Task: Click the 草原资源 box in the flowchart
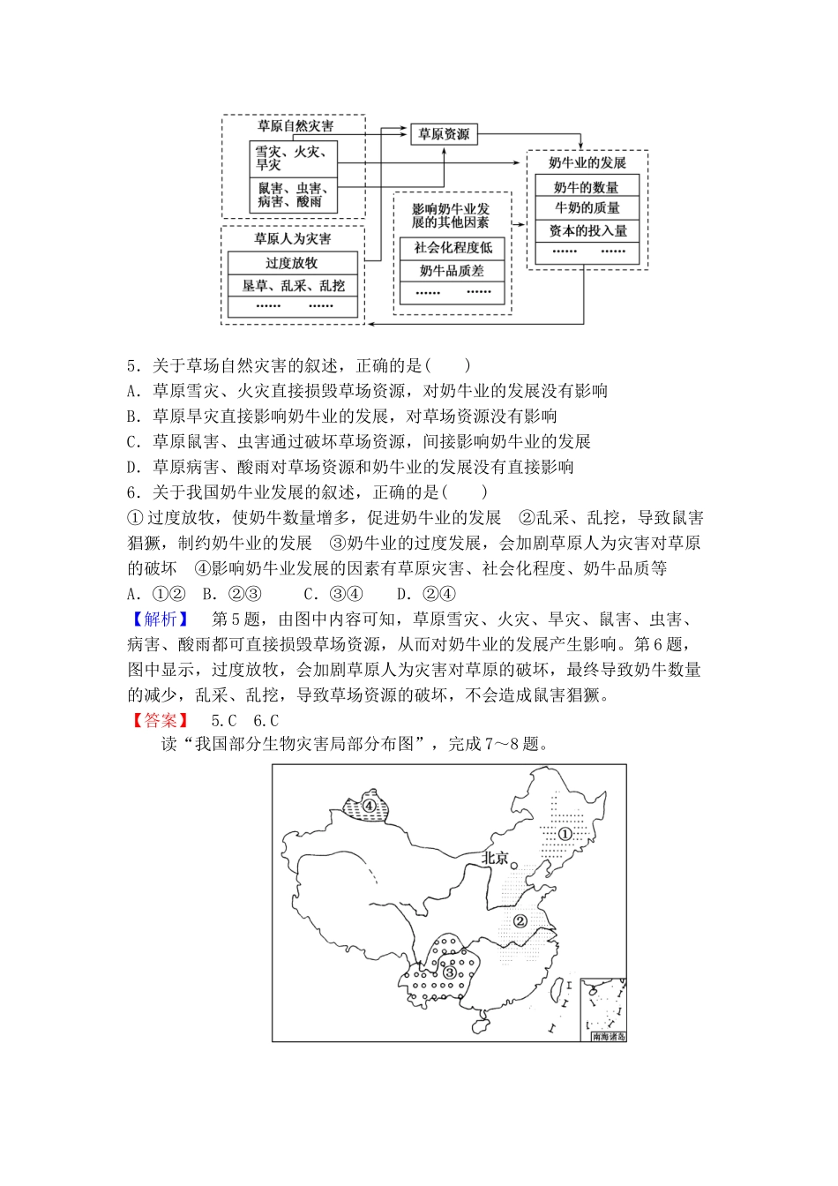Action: coord(444,134)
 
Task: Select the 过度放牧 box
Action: coord(292,263)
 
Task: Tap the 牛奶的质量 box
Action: coord(587,208)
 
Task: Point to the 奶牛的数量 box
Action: coord(587,187)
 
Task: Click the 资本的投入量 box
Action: coord(587,230)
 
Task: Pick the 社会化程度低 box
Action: coord(453,248)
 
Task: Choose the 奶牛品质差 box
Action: coord(453,271)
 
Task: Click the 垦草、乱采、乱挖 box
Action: coord(292,286)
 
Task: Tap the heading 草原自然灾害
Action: coord(294,126)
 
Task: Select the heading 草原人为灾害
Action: coord(292,238)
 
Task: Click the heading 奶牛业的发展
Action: coord(587,162)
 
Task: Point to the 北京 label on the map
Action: coord(496,858)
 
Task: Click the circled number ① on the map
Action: coord(565,834)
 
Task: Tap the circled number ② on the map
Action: coord(520,921)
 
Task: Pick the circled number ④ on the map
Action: coord(369,806)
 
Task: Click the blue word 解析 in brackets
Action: coord(161,619)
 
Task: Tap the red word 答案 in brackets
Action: coord(161,721)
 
